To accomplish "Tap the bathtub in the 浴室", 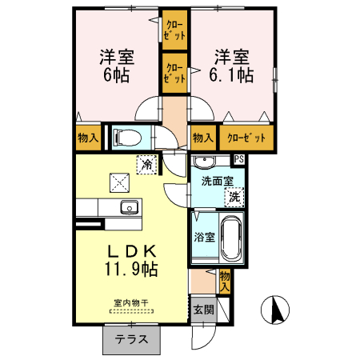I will [230, 237].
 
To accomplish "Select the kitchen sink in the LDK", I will [129, 209].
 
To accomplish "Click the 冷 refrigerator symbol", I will [147, 163].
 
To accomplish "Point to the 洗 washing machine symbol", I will [234, 195].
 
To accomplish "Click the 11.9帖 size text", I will [130, 270].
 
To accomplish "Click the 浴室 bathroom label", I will [204, 238].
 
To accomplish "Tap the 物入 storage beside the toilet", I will [88, 138].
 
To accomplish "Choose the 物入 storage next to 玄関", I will [224, 279].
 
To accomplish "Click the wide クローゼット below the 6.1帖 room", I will [246, 138].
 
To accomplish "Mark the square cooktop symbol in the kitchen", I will [120, 182].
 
